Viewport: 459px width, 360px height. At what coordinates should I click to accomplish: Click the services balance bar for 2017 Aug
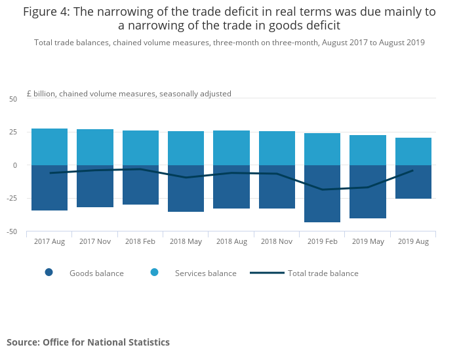click(x=49, y=147)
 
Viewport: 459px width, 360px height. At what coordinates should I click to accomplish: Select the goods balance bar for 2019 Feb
click(x=322, y=193)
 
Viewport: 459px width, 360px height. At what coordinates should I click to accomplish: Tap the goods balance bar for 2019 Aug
click(x=413, y=182)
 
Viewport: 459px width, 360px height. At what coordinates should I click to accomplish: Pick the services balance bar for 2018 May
click(x=186, y=148)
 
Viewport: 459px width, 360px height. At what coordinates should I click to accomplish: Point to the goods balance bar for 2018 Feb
click(x=140, y=185)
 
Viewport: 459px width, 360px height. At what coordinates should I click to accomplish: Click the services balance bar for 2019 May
click(x=368, y=150)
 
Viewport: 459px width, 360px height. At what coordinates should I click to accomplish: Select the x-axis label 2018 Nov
click(x=276, y=241)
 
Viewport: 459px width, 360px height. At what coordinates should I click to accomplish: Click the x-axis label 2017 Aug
click(x=49, y=241)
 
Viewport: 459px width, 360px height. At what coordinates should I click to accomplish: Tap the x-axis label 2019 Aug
click(x=413, y=241)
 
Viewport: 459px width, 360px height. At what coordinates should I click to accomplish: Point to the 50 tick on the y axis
click(x=13, y=99)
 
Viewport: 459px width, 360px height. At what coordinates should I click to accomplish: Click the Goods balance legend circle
click(x=49, y=273)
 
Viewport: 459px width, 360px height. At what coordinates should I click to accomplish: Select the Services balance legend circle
click(x=155, y=273)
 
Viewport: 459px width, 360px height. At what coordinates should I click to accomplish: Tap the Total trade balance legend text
click(x=323, y=273)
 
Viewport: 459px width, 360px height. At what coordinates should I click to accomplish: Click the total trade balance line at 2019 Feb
click(x=322, y=190)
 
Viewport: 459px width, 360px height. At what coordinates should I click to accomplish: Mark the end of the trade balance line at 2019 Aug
click(x=413, y=170)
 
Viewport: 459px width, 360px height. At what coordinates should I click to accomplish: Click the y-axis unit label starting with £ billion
click(x=129, y=94)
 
